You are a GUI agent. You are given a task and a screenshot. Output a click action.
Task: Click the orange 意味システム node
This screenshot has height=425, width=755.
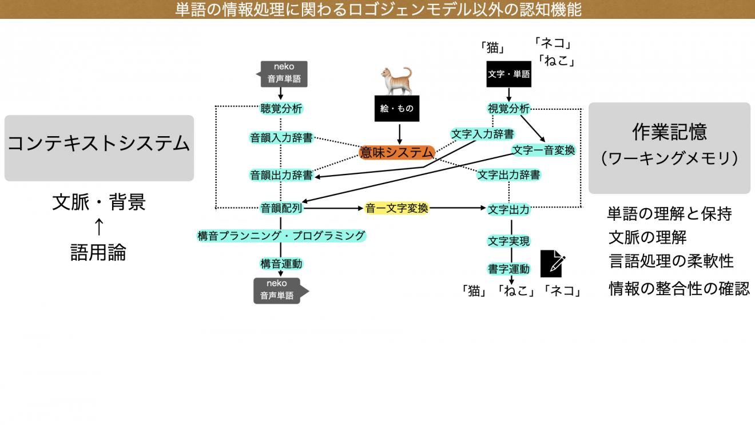point(397,152)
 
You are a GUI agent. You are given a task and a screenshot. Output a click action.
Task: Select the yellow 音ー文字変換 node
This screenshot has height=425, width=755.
point(397,209)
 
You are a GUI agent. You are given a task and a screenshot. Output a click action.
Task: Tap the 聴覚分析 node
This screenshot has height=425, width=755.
point(281,109)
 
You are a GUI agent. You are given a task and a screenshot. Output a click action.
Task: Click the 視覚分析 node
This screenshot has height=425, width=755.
point(508,109)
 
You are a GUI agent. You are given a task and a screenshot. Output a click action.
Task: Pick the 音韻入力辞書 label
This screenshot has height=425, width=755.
point(281,138)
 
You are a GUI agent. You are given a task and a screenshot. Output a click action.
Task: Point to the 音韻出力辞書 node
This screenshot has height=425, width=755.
point(281,175)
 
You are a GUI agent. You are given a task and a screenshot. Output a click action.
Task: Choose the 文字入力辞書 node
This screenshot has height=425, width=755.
point(482,134)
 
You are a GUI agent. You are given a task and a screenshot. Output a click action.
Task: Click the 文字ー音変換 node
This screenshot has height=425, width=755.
point(543,150)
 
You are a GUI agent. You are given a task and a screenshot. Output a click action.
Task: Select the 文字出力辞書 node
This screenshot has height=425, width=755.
point(508,175)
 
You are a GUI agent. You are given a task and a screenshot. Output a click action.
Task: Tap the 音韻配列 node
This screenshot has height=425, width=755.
point(281,209)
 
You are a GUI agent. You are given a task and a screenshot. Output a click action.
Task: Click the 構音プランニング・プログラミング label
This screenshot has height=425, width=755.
point(281,236)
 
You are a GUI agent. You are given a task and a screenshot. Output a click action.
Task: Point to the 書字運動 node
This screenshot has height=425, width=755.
point(508,269)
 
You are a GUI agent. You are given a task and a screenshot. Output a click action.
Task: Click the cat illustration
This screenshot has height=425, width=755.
point(397,81)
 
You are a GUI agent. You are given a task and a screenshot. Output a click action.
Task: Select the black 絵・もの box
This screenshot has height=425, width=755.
point(397,109)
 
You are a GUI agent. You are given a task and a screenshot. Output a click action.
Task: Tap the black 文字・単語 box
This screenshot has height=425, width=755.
point(508,74)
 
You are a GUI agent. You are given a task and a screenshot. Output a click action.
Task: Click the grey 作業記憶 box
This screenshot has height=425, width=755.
point(669,148)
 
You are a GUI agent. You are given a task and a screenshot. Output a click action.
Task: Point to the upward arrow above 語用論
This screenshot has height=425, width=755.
point(98,227)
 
